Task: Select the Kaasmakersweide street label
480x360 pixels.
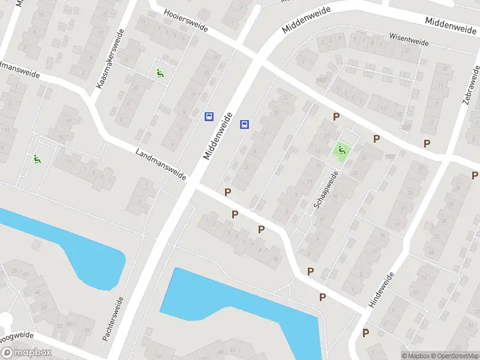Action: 110,59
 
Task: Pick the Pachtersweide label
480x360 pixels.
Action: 113,319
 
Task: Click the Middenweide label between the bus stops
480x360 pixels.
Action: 217,137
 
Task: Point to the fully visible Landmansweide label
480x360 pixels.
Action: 161,164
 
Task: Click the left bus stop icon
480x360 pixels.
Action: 209,116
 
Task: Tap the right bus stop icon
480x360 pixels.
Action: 245,124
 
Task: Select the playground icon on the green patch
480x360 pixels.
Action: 342,151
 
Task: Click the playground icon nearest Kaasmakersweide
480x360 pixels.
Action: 160,74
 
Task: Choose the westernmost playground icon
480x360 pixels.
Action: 37,159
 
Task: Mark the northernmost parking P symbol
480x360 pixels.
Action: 337,117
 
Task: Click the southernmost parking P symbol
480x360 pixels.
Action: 365,332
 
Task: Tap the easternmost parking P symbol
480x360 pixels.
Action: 475,175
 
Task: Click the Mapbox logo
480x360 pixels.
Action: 25,353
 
